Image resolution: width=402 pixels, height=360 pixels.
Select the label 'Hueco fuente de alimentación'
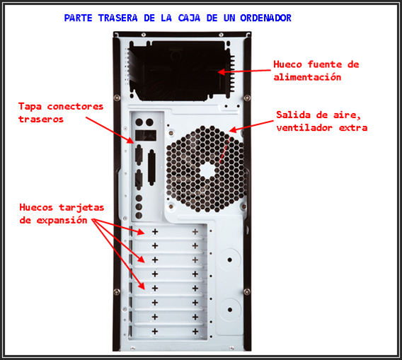[316, 70]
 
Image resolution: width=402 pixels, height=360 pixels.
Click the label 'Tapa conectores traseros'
[61, 112]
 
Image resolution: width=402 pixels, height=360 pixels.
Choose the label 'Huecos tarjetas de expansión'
[62, 213]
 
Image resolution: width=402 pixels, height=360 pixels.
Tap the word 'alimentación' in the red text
[307, 76]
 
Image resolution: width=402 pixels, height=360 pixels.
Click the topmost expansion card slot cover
[173, 231]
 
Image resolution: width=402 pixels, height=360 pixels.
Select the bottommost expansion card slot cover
[173, 330]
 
